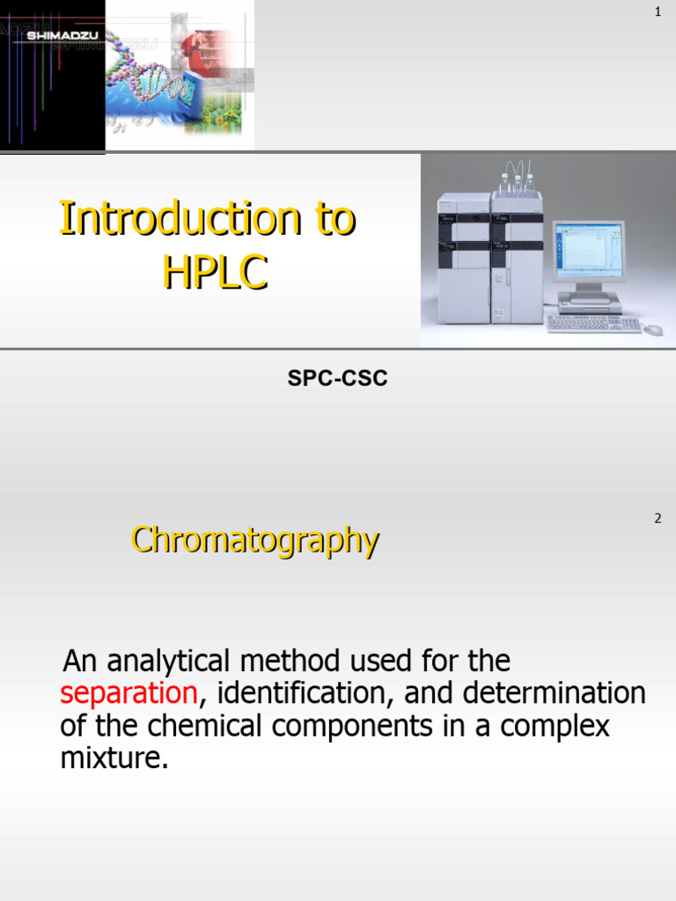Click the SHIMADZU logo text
tap(53, 36)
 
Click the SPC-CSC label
tap(338, 378)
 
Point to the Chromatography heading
tap(255, 539)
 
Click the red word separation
tap(129, 693)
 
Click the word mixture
tap(114, 758)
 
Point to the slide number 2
tap(658, 518)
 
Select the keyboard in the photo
tap(593, 324)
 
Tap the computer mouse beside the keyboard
tap(652, 330)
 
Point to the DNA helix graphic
tap(150, 84)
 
